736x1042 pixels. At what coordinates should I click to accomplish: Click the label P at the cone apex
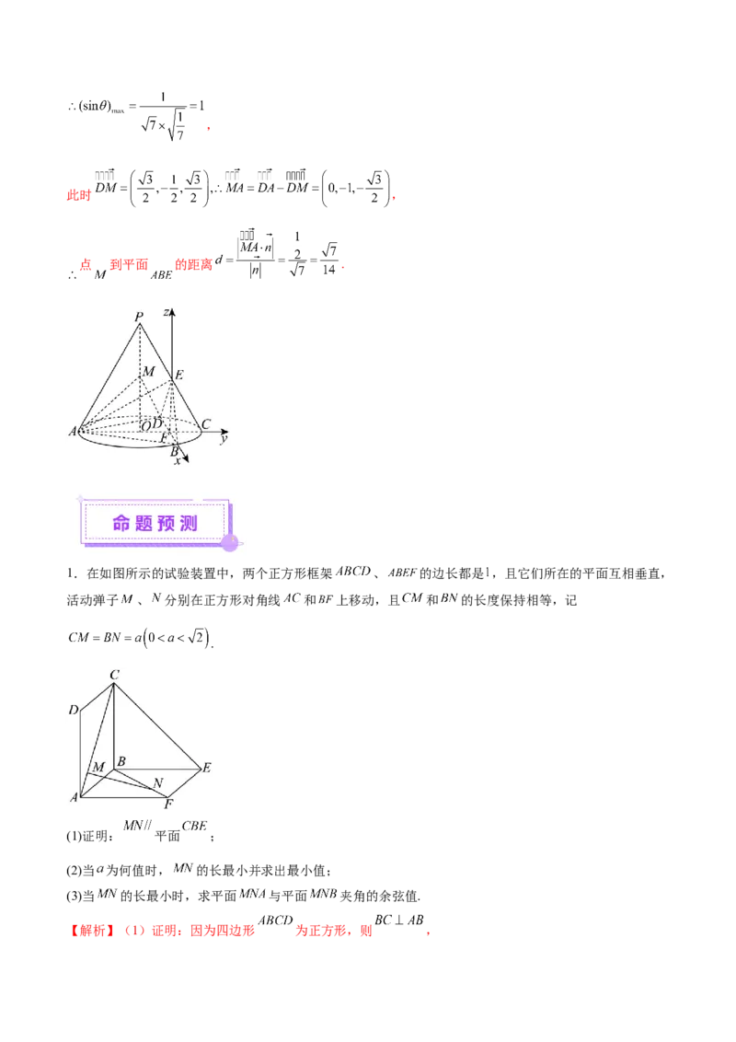pos(139,318)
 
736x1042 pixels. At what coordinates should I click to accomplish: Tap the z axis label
pos(166,313)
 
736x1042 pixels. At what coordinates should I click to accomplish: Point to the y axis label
pos(224,439)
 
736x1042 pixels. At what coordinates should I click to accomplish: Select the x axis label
pos(177,460)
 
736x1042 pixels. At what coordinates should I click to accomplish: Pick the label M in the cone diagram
pos(149,371)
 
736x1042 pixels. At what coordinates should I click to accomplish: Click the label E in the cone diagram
pos(178,374)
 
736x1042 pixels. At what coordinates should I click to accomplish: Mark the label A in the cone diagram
pos(72,431)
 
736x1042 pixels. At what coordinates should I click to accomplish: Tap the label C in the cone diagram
pos(206,424)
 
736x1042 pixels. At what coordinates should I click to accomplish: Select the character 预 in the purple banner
pos(167,524)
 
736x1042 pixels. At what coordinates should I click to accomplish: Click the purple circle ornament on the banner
pos(230,542)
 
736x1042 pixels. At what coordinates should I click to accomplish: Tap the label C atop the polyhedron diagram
pos(114,676)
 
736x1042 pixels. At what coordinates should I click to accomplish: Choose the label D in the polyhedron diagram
pos(73,710)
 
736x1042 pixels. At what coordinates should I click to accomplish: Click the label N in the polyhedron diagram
pos(158,783)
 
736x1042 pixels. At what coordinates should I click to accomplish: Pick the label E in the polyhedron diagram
pos(207,768)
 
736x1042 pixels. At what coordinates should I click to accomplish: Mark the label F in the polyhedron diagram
pos(168,805)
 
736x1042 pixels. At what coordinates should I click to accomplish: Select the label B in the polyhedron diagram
pos(121,762)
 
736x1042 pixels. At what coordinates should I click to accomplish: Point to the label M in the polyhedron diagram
pos(98,768)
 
